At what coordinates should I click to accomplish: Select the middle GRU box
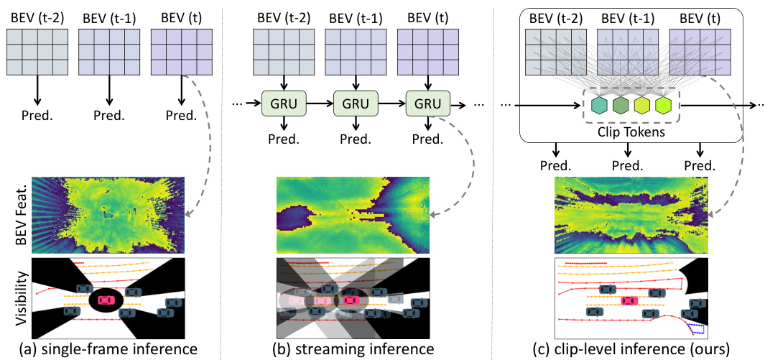point(354,105)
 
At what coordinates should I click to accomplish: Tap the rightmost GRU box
point(427,105)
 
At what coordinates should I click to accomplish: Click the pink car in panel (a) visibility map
point(106,297)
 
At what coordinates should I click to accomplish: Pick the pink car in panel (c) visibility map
point(629,300)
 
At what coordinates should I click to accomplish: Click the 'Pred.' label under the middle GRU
point(355,141)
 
